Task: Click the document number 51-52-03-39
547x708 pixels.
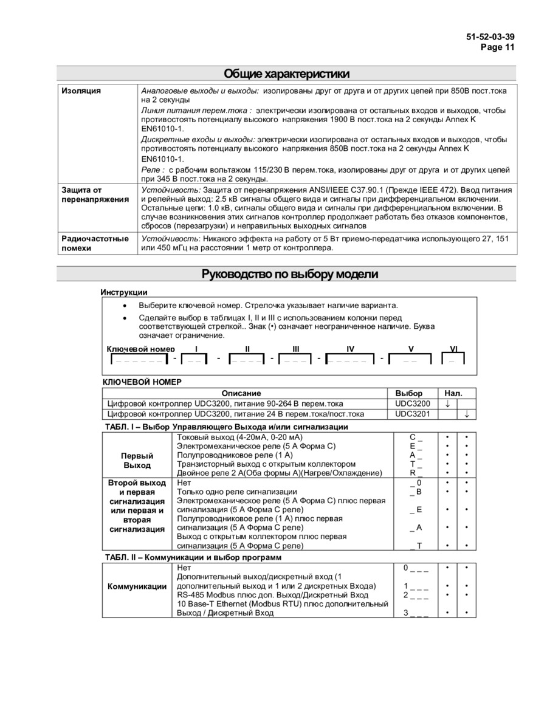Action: pos(490,37)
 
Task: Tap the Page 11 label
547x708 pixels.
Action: pos(497,47)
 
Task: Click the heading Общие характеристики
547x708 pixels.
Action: pos(287,74)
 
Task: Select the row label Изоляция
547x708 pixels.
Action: pos(81,91)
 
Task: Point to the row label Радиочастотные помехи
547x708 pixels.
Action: pos(95,243)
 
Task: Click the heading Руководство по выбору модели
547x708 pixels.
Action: pos(290,274)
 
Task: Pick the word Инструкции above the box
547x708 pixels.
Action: pos(124,292)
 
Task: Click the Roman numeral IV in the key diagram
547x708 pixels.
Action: pos(350,349)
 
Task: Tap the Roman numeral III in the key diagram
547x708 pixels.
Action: pos(295,349)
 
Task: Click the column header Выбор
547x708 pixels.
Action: pos(408,393)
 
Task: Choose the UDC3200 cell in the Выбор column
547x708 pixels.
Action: pos(413,403)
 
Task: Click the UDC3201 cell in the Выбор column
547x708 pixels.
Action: pos(413,414)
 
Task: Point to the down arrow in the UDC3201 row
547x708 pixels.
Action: pos(466,414)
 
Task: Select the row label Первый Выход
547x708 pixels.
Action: pos(137,460)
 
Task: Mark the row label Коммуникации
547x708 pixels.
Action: pos(137,586)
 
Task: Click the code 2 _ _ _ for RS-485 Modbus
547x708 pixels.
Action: pos(416,595)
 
